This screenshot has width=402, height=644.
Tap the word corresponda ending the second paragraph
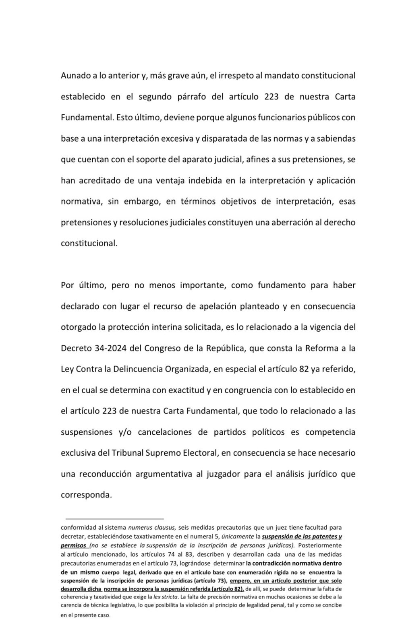(x=86, y=495)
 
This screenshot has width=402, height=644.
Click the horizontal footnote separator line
(x=115, y=519)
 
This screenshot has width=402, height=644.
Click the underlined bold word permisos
(x=73, y=545)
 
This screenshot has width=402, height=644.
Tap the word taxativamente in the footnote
(x=167, y=537)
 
